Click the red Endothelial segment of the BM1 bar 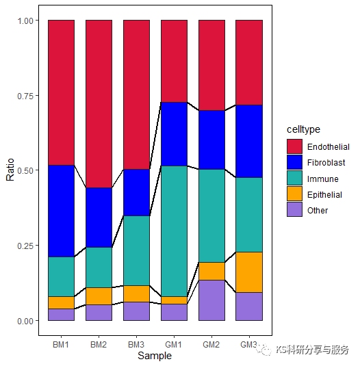coord(61,92)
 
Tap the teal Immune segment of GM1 coord(174,231)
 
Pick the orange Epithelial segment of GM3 coord(249,272)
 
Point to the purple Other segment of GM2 coord(211,300)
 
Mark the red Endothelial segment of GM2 coord(211,65)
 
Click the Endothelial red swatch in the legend coord(294,147)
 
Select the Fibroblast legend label coord(326,163)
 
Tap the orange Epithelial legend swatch coord(294,194)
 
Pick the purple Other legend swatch coord(294,210)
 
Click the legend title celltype coord(303,129)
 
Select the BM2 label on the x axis coord(99,344)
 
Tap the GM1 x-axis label coord(174,344)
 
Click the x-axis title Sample coord(155,356)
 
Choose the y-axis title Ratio coord(10,170)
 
